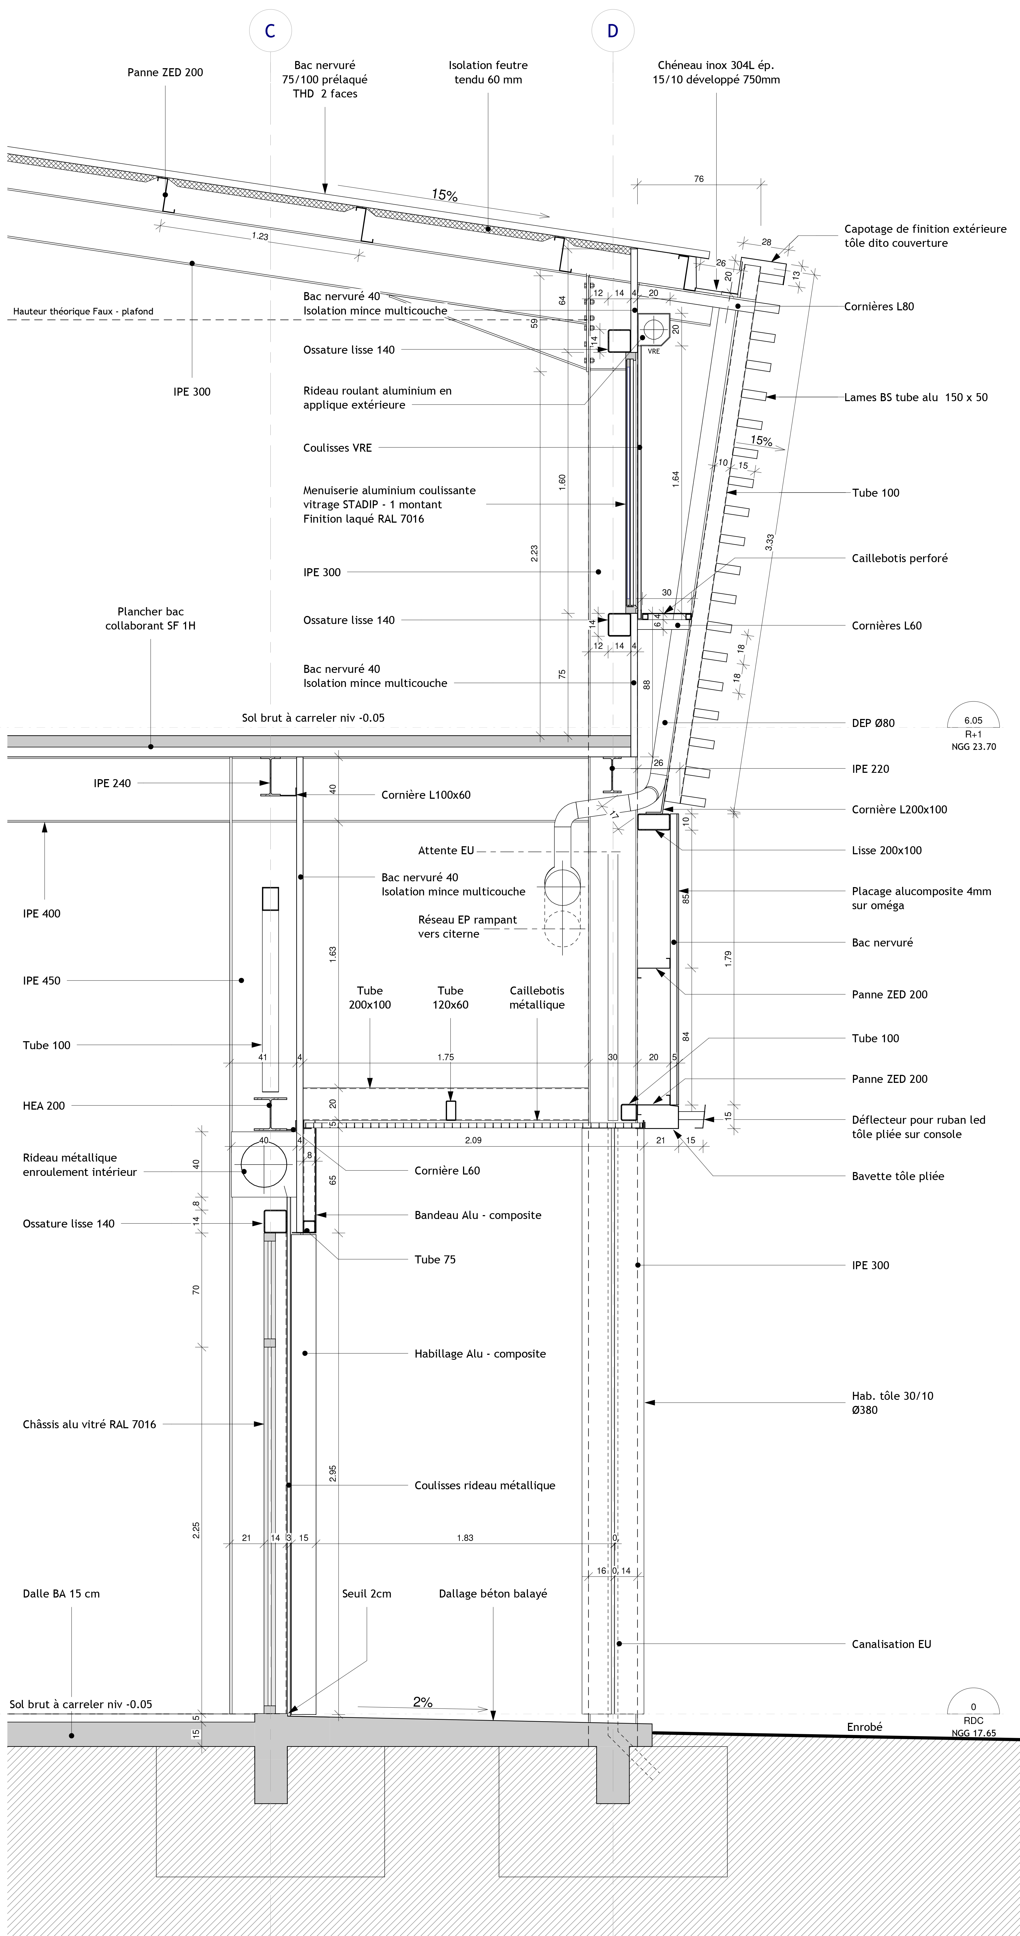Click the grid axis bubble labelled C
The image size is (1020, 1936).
tap(270, 31)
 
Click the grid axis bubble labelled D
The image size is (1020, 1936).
tap(613, 31)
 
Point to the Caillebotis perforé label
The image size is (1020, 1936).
tap(899, 558)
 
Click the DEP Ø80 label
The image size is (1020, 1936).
tap(873, 723)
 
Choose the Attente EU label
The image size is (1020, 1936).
tap(446, 851)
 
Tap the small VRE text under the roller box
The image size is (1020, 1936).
tap(653, 351)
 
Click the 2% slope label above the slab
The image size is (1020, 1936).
tap(422, 1702)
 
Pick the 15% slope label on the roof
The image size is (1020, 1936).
tap(444, 195)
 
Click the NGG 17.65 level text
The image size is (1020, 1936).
tap(973, 1733)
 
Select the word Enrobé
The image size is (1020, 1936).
tap(865, 1727)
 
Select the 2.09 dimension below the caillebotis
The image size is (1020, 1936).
tap(473, 1140)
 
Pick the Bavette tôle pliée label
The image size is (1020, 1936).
tap(897, 1176)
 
